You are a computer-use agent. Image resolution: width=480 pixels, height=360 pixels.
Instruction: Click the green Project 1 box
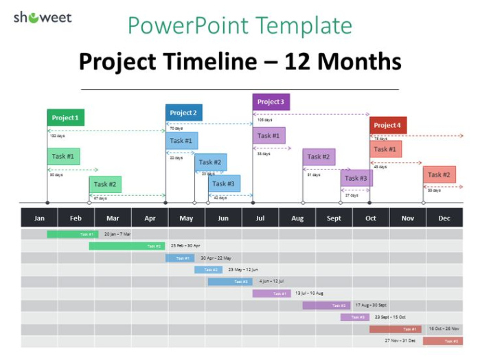pos(65,117)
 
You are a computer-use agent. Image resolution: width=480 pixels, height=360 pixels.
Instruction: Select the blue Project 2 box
pos(183,113)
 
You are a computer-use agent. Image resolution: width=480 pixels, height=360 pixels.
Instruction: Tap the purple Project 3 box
pos(271,102)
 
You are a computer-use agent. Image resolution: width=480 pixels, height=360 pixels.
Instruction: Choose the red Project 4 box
pos(388,125)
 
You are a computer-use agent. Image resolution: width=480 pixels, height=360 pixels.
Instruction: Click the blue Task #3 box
pos(224,183)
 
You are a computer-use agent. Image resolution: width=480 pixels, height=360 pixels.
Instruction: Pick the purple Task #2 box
pos(319,157)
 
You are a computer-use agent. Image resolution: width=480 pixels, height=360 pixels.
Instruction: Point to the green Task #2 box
pos(105,184)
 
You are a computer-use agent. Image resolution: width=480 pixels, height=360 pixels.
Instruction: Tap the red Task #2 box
pos(439,175)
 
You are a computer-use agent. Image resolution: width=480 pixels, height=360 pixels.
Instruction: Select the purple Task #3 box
pos(356,178)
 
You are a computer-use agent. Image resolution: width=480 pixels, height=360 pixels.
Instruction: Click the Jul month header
pos(260,218)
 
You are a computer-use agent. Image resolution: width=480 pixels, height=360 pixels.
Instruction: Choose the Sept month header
pos(334,218)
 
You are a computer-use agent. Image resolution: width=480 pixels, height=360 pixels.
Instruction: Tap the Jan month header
pos(39,218)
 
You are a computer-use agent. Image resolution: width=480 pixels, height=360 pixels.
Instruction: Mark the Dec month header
pos(444,218)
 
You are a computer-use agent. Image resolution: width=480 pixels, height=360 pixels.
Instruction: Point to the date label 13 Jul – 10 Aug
pos(309,293)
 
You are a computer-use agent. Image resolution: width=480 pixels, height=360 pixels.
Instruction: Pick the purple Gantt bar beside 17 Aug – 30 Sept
pos(326,305)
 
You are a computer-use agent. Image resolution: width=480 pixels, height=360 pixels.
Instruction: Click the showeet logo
pos(42,17)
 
